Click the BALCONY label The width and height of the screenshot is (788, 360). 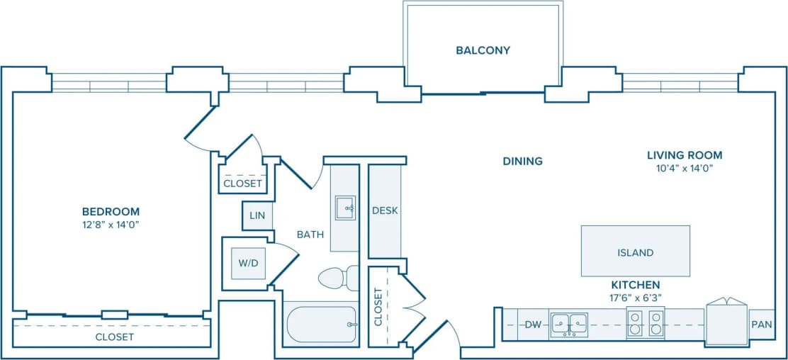point(483,50)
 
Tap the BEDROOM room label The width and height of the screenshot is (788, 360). point(111,211)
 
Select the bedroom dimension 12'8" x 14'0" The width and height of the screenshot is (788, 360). point(111,225)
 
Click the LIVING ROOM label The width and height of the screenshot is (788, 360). point(684,155)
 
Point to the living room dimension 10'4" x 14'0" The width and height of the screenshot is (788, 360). point(684,169)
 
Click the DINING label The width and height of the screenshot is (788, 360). point(522,161)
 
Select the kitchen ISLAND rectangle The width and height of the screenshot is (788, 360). point(635,251)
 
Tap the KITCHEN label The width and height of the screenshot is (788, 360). point(635,284)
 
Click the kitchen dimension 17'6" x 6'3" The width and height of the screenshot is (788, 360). point(635,298)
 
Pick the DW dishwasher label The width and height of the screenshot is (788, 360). point(533,325)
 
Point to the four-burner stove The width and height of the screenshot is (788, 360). point(645,323)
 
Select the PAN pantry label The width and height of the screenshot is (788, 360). point(761,325)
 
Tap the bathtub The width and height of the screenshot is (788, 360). point(321,325)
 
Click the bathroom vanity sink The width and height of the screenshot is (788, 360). point(345,208)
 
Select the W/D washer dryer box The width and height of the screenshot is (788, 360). point(248,263)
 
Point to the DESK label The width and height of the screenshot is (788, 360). point(385,210)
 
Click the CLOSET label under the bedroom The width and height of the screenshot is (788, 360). point(114,337)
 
